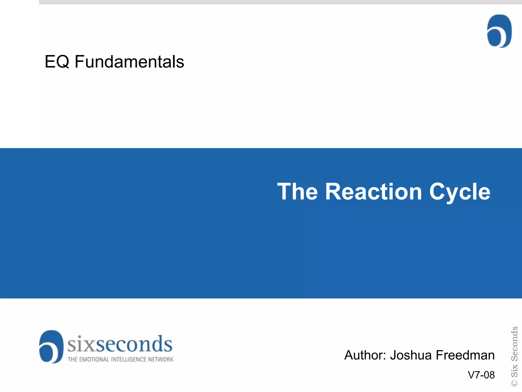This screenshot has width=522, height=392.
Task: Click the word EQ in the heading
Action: tap(57, 62)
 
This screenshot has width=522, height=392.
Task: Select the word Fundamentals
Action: tap(129, 62)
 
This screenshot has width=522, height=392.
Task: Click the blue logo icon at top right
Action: tap(499, 31)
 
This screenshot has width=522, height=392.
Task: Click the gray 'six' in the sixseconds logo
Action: tap(81, 344)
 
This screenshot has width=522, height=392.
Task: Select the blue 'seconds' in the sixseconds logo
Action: tap(134, 344)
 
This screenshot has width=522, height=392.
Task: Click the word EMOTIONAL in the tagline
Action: tap(94, 360)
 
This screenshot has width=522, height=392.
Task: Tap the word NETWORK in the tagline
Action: tap(161, 360)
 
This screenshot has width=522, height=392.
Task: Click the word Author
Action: tap(365, 355)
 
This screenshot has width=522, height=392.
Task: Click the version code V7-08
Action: tap(481, 375)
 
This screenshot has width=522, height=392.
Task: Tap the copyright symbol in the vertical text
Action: tap(515, 383)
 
